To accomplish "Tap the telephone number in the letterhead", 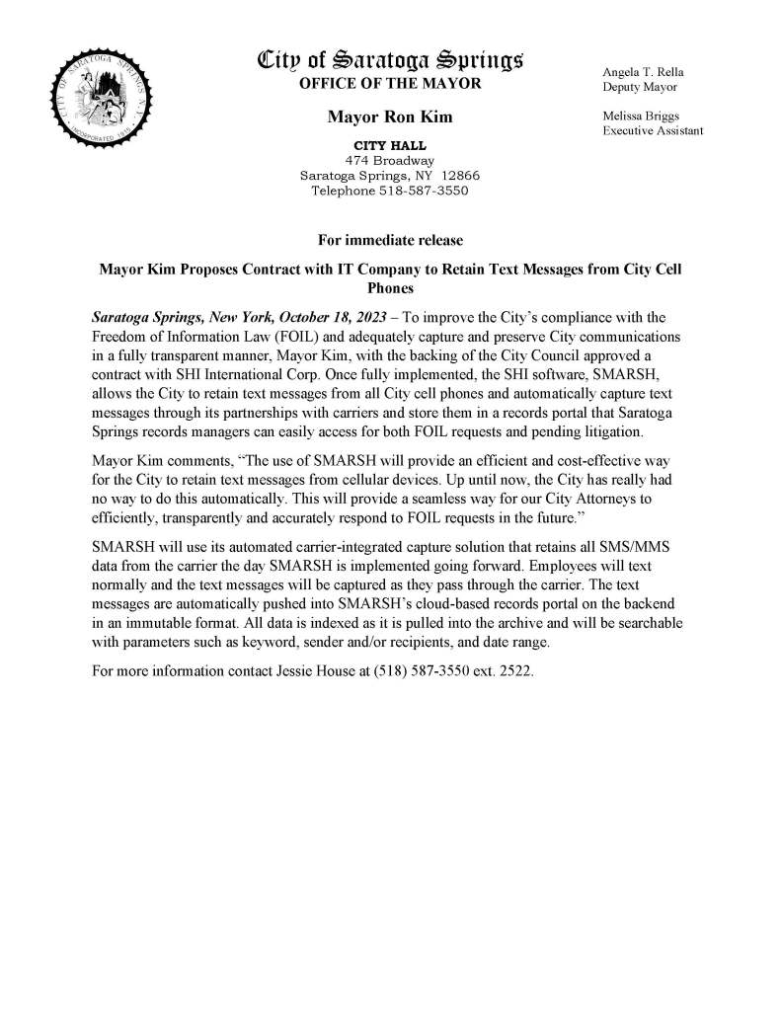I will pos(424,192).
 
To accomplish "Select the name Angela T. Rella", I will pos(643,72).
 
